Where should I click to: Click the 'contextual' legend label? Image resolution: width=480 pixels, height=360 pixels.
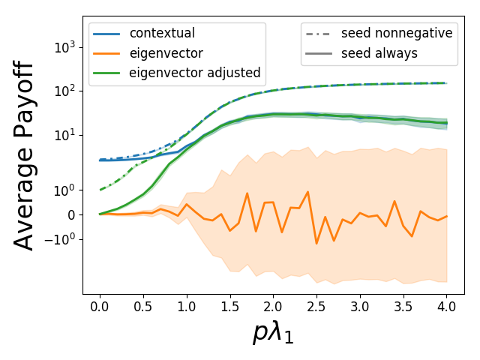(162, 34)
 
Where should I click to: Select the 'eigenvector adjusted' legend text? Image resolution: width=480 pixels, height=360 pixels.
(195, 73)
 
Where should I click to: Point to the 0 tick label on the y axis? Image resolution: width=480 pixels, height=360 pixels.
(70, 215)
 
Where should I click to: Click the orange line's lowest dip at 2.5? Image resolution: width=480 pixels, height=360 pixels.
(316, 244)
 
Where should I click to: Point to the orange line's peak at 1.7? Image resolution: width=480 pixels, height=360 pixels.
(247, 193)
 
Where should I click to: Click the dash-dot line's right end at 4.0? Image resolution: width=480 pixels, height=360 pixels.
(447, 83)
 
